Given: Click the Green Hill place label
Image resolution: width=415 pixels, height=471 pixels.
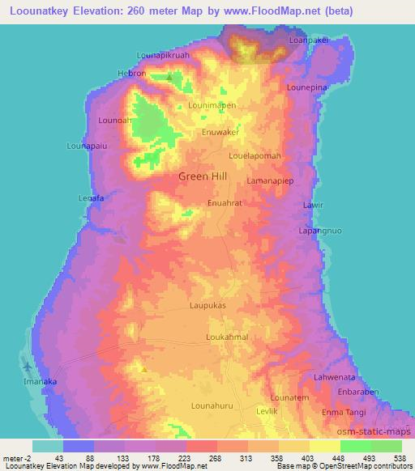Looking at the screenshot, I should [x=203, y=176].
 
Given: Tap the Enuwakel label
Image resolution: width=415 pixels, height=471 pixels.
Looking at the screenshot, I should [x=220, y=130].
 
